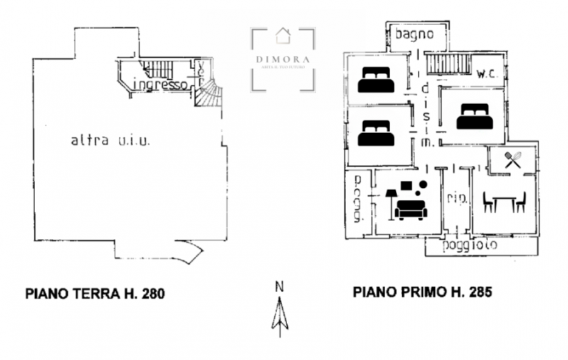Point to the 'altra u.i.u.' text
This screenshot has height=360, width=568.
pyautogui.click(x=109, y=141)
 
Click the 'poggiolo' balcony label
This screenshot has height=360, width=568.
pyautogui.click(x=469, y=246)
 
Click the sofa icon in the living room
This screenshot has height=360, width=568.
pyautogui.click(x=410, y=208)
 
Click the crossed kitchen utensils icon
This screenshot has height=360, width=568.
pyautogui.click(x=513, y=160)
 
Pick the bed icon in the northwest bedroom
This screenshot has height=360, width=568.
pyautogui.click(x=376, y=80)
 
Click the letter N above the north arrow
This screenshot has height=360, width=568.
pyautogui.click(x=280, y=287)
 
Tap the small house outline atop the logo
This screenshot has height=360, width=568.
pyautogui.click(x=283, y=33)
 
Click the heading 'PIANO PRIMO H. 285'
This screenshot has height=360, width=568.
pyautogui.click(x=422, y=292)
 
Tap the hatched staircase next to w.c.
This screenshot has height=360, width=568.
pyautogui.click(x=450, y=63)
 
